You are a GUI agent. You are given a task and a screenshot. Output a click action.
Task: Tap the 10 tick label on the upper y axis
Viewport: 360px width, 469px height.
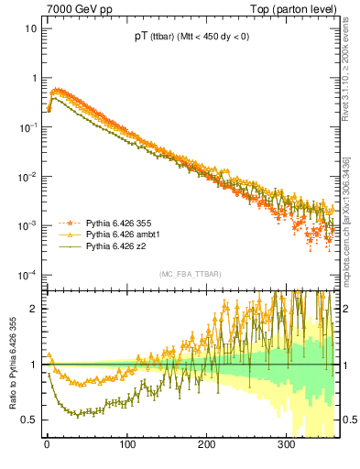(x=30, y=28)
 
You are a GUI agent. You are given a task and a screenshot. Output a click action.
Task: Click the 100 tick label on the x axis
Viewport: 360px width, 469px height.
(x=127, y=445)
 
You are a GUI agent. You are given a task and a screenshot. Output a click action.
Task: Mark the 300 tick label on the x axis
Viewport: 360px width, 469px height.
(x=287, y=445)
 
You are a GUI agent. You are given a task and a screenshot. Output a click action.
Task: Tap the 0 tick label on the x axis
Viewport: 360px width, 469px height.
(x=47, y=445)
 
